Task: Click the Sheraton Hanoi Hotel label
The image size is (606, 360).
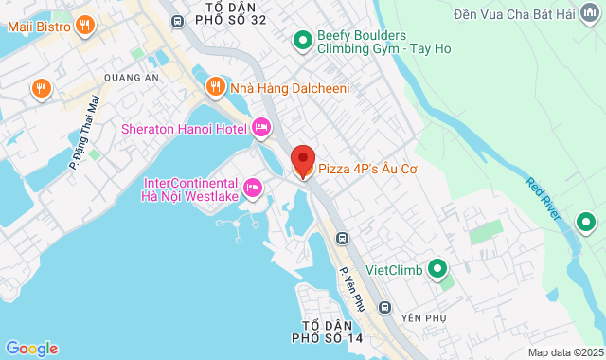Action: [x=184, y=129]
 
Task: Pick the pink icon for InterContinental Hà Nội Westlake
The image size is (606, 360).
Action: [x=253, y=189]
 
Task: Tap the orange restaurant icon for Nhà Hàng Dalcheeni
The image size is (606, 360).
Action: [x=216, y=88]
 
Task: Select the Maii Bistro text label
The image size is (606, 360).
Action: [x=39, y=27]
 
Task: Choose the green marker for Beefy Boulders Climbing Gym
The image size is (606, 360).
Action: [x=302, y=40]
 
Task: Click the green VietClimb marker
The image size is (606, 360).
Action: [x=437, y=270]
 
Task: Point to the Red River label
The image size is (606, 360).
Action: [x=546, y=198]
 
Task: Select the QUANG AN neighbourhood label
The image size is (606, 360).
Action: [x=125, y=80]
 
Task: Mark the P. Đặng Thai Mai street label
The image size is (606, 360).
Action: [x=85, y=132]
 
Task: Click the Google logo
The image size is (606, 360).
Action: [x=31, y=348]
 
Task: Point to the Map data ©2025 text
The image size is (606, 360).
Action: [x=564, y=352]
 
